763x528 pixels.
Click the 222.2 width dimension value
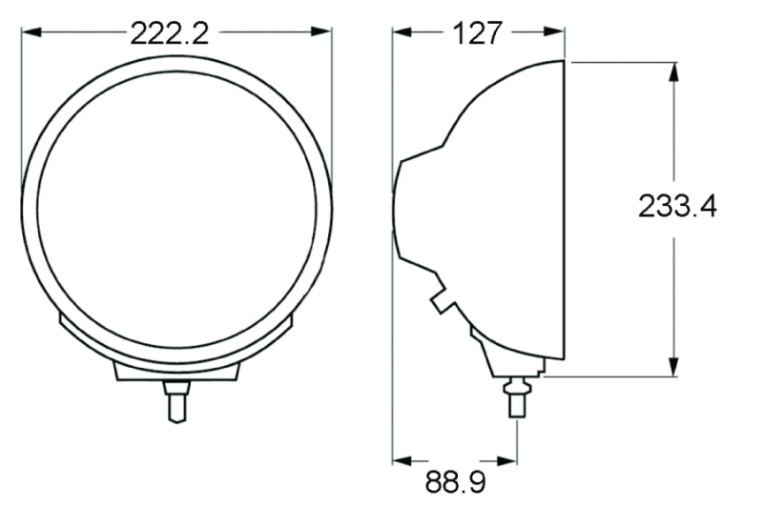tap(169, 33)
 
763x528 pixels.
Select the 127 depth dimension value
tap(478, 33)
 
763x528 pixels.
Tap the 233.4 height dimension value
tap(677, 207)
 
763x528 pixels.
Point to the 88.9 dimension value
tap(455, 482)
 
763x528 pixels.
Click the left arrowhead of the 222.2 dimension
tap(29, 32)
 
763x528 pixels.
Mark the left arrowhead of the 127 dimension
tap(401, 32)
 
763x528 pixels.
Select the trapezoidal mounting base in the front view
tap(175, 371)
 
